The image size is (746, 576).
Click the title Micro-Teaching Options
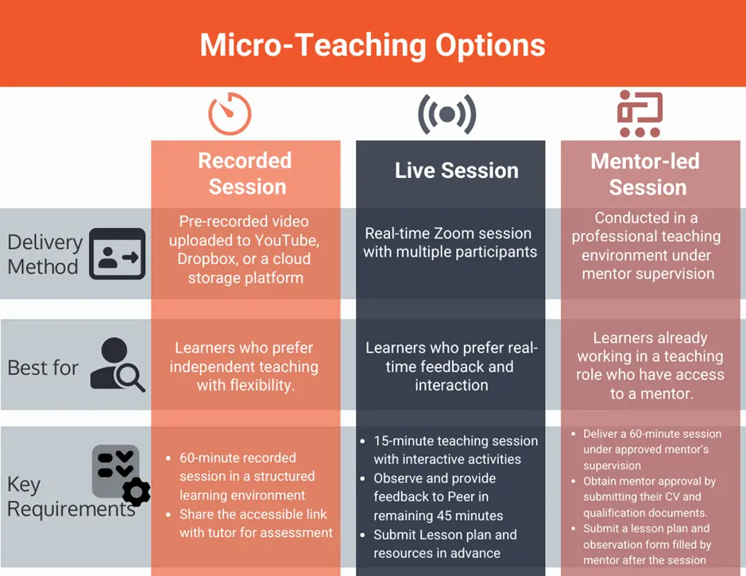point(373,45)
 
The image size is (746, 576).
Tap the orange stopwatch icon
point(230,114)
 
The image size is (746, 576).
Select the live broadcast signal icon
point(446,114)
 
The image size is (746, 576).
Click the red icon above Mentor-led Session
point(640,114)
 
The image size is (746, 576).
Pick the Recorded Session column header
point(246,174)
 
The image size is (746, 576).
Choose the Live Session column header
point(457,170)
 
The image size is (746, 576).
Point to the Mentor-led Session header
point(646,174)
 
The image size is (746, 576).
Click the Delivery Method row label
point(44,254)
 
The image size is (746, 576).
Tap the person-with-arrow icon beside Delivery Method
point(118,253)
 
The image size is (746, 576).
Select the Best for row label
point(43,368)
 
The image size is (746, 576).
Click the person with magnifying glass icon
point(118,365)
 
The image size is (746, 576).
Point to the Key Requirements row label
point(71,497)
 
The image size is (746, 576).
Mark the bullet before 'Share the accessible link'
point(168,515)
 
